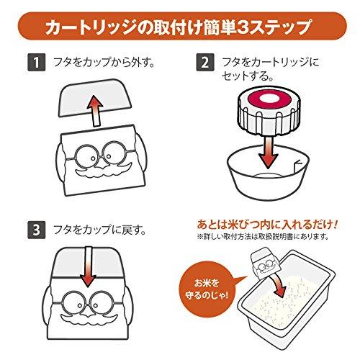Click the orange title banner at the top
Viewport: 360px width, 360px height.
click(180, 27)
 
